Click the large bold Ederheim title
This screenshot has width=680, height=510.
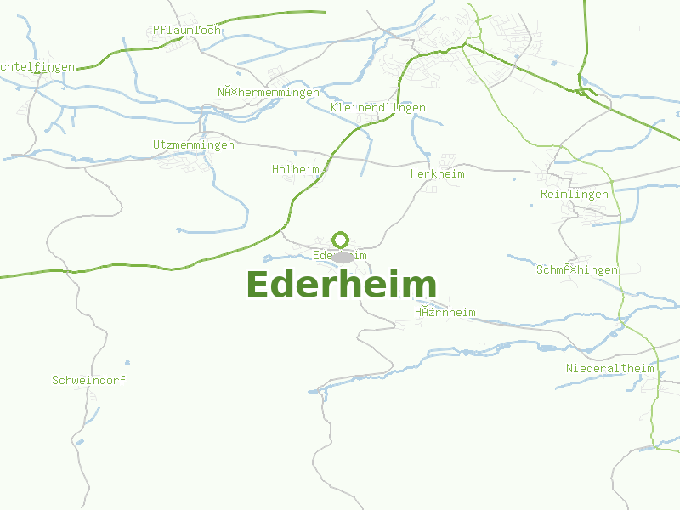pos(341,285)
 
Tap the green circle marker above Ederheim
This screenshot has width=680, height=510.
pos(341,240)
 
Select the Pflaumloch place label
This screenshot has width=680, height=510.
pos(187,31)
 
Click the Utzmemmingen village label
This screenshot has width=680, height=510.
pos(194,145)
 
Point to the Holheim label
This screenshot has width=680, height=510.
pos(296,170)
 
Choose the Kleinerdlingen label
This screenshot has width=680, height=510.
pos(377,108)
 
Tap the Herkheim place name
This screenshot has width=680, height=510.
pos(437,174)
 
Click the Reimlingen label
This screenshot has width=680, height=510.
pos(575,195)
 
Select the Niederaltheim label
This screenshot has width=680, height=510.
pos(610,369)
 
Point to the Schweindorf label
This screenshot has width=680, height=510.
pos(89,381)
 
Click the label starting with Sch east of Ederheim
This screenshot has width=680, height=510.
pos(577,270)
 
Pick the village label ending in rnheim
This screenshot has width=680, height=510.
pos(445,313)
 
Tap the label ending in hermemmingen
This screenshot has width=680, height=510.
pos(269,93)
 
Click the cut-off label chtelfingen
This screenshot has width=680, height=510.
pos(37,66)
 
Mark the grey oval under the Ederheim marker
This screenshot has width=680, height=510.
pos(343,257)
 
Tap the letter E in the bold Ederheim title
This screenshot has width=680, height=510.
pos(257,285)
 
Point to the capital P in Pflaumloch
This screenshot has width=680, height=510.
pos(157,31)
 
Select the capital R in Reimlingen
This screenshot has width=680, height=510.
pos(544,195)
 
